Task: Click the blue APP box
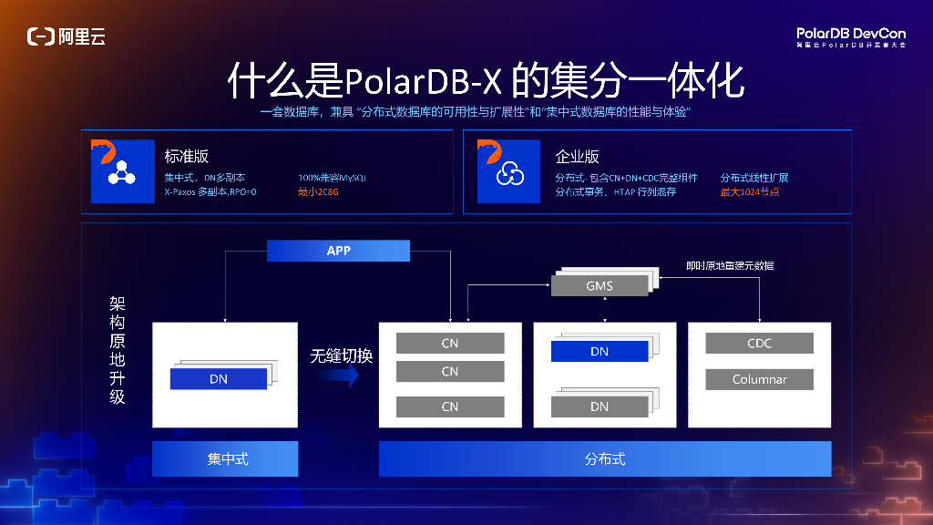coord(338,251)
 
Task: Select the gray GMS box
coord(599,286)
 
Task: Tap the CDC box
coord(759,344)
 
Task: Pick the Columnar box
coord(759,380)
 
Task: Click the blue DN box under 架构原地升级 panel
coord(219,379)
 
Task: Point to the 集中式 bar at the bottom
coord(225,459)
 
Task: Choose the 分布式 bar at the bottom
coord(605,459)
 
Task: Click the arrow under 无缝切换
coord(341,377)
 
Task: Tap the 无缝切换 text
coord(341,355)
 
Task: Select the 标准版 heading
coord(187,156)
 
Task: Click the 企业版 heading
coord(578,156)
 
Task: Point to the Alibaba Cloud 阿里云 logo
coord(67,36)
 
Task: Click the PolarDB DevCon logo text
coord(850,34)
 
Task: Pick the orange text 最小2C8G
coord(318,192)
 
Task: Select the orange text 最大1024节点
coord(750,192)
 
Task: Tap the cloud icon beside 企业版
coord(510,174)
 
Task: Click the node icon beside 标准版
coord(122,173)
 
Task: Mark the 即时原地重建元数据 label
coord(731,266)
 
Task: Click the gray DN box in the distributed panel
coord(599,407)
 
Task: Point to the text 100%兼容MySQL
coord(332,178)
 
